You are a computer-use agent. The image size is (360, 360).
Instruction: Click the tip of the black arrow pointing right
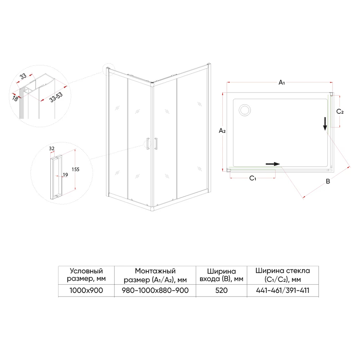[x=280, y=164]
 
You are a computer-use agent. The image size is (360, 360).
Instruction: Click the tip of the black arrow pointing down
[x=325, y=131]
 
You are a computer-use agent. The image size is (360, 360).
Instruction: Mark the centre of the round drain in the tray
[x=245, y=110]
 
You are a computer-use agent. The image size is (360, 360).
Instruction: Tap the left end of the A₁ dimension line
[x=227, y=82]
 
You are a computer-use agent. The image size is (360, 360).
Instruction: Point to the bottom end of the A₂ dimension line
[x=223, y=171]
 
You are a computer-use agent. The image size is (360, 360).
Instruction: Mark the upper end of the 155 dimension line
[x=75, y=149]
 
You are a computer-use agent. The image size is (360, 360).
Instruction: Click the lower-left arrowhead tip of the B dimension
[x=303, y=197]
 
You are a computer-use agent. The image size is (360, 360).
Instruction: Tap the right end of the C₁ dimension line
[x=275, y=177]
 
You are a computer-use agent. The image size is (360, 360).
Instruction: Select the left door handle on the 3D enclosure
[x=148, y=144]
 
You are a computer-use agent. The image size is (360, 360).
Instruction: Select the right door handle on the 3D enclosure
[x=156, y=144]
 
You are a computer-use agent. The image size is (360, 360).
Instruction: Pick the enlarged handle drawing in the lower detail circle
[x=56, y=177]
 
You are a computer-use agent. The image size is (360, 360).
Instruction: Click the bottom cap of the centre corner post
[x=152, y=208]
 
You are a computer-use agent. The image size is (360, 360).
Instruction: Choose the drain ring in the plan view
[x=245, y=110]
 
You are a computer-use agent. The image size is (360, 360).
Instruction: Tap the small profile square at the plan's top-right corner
[x=332, y=94]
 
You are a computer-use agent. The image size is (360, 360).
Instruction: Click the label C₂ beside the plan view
[x=340, y=112]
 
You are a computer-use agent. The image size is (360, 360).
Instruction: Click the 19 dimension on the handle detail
[x=66, y=175]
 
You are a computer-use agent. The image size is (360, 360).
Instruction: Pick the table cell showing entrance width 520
[x=221, y=291]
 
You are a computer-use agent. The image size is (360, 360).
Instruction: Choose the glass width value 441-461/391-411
[x=283, y=291]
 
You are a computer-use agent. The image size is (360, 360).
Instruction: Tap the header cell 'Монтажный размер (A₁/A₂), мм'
[x=155, y=275]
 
